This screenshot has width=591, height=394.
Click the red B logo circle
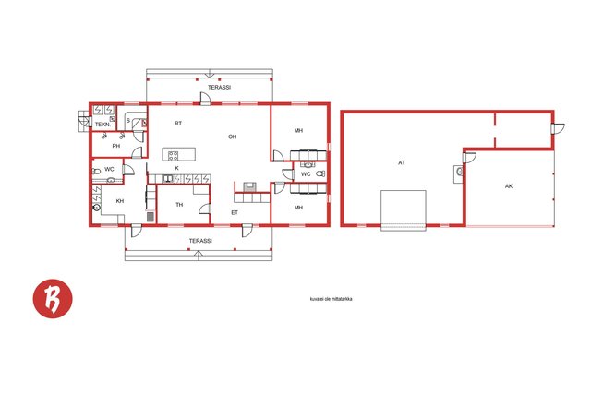pos(53,299)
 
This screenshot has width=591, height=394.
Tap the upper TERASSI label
pos(220,87)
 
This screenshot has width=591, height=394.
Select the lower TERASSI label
pos(200,241)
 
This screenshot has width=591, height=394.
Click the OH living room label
pos(233,137)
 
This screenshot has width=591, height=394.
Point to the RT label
pos(178,123)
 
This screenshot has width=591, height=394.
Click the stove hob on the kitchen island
pos(173,155)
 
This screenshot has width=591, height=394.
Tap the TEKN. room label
pos(103,125)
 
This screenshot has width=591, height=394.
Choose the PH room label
pos(116,146)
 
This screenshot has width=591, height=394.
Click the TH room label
pos(179,205)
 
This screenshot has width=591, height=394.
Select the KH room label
pos(120,201)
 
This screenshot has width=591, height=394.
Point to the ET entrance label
pos(235,213)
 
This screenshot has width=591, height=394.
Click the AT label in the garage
pos(402,162)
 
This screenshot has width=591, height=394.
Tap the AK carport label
pos(509,186)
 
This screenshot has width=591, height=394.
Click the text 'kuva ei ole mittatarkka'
pos(332,299)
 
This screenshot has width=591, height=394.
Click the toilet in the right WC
pos(320,173)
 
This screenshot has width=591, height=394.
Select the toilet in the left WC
pos(96,172)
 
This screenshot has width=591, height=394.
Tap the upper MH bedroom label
pos(298,131)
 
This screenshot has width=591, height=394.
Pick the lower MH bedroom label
pos(298,208)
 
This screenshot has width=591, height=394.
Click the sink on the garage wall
pos(459,173)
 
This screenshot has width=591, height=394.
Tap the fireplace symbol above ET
pos(249,186)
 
